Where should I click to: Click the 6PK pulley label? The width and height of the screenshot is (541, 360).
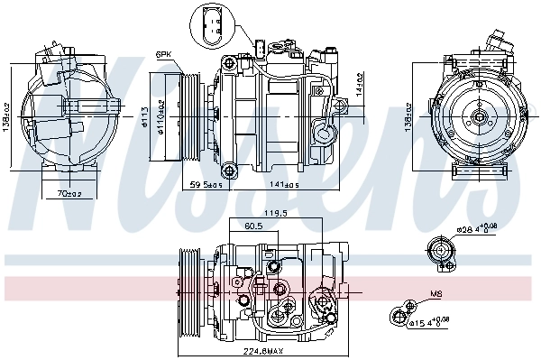pyautogui.click(x=162, y=55)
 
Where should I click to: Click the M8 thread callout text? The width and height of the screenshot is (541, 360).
pyautogui.click(x=436, y=294)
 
